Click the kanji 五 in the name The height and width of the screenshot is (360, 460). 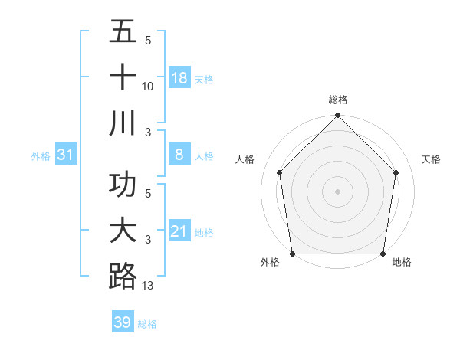coord(123,31)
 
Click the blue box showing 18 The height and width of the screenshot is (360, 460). coord(179,78)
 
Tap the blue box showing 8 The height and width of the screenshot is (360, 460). coord(179,155)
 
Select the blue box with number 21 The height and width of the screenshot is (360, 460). coord(179,231)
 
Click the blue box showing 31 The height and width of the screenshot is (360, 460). coord(66,155)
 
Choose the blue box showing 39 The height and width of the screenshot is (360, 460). coord(123,322)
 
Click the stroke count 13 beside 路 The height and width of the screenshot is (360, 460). coord(148,286)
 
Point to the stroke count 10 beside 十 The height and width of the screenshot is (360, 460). coord(148,87)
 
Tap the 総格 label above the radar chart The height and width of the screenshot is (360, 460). coord(337,100)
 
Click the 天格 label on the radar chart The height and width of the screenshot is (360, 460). coord(432,159)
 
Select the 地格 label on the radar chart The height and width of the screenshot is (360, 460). coord(402,263)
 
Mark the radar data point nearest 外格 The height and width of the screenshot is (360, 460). coord(292,254)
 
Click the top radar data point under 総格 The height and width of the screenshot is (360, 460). coord(337,116)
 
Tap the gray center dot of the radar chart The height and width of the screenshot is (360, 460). coord(337,191)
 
